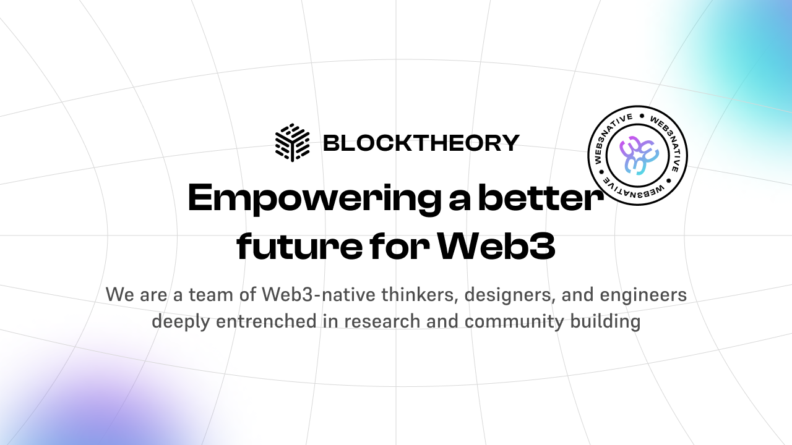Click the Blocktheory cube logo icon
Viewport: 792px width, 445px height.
pos(292,143)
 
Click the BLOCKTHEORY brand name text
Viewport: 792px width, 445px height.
pos(421,143)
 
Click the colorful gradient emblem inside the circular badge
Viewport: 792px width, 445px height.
pos(637,155)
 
